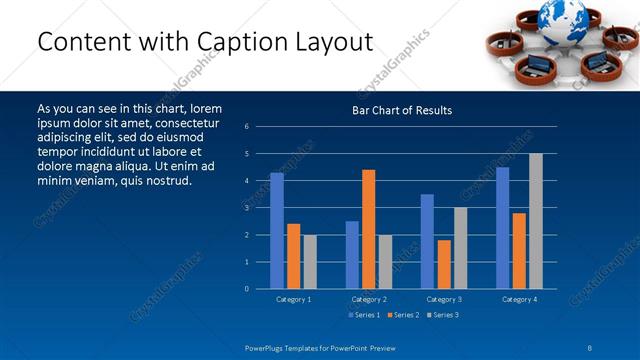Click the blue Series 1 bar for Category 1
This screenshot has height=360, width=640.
pos(277,231)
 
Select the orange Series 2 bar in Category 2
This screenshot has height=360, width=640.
pos(369,229)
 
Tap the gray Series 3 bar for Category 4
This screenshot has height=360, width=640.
pos(536,221)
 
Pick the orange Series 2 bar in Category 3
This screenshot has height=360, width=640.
pos(444,264)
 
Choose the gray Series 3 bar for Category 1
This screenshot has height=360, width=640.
pos(310,262)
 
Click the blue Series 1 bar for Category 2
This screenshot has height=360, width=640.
pos(352,255)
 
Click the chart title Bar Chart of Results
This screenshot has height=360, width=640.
pos(402,110)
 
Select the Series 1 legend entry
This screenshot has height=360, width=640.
pos(364,315)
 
